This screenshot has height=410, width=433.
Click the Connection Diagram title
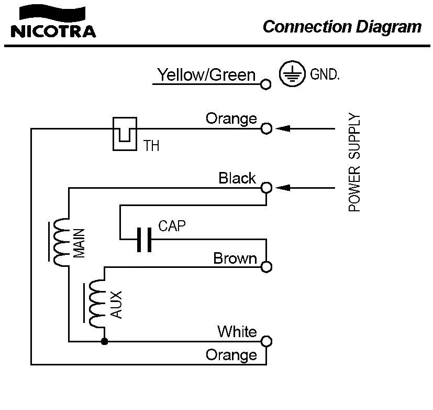(x=341, y=27)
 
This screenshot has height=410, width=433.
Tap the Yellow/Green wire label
(x=206, y=75)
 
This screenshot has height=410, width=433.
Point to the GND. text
(x=325, y=75)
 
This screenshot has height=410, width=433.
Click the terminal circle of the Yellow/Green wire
(x=266, y=83)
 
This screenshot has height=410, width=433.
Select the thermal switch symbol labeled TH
(x=125, y=133)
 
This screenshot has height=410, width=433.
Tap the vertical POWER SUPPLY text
(x=355, y=163)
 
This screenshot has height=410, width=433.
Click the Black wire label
(x=237, y=178)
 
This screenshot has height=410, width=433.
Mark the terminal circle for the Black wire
(x=266, y=188)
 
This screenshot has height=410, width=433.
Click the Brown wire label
(x=235, y=258)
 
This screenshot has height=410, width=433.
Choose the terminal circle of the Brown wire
(x=266, y=267)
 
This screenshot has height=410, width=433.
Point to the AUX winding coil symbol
(x=97, y=304)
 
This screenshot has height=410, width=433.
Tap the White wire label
(x=237, y=331)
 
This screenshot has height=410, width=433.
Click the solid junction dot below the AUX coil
(x=105, y=341)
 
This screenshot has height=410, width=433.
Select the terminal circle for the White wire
(x=266, y=341)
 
